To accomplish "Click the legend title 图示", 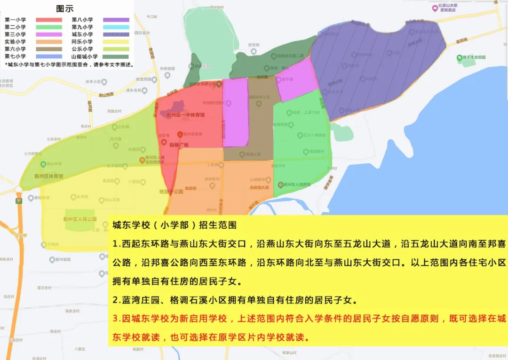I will tap(64, 8).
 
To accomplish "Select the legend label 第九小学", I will tap(82, 27).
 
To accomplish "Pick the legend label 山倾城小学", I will tap(85, 56).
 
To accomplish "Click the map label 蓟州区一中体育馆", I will tap(186, 115).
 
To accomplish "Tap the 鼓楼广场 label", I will tap(179, 145).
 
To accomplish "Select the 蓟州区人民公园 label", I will tap(79, 219).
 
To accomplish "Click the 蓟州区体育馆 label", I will tap(48, 176).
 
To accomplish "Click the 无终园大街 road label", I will tap(259, 187).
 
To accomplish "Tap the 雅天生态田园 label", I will tap(475, 57).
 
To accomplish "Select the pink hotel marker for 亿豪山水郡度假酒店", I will tap(435, 8).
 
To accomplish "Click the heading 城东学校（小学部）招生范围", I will tap(174, 224).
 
